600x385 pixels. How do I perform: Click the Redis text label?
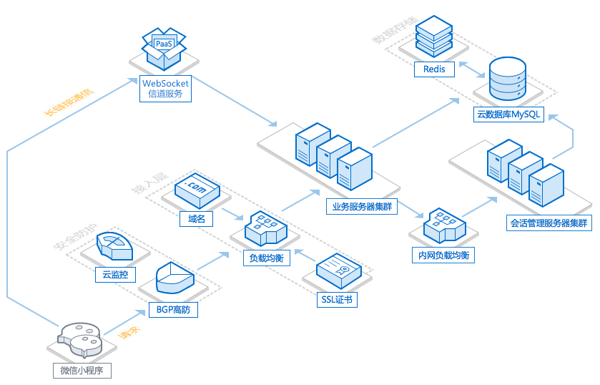point(434,69)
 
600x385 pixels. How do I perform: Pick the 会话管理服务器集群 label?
point(549,223)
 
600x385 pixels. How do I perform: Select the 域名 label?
point(197,219)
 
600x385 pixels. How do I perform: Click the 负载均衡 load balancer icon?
point(266,228)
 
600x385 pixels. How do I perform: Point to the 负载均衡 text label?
point(266,259)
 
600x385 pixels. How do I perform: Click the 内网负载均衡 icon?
point(443,228)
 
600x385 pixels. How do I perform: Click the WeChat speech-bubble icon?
point(82,339)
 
